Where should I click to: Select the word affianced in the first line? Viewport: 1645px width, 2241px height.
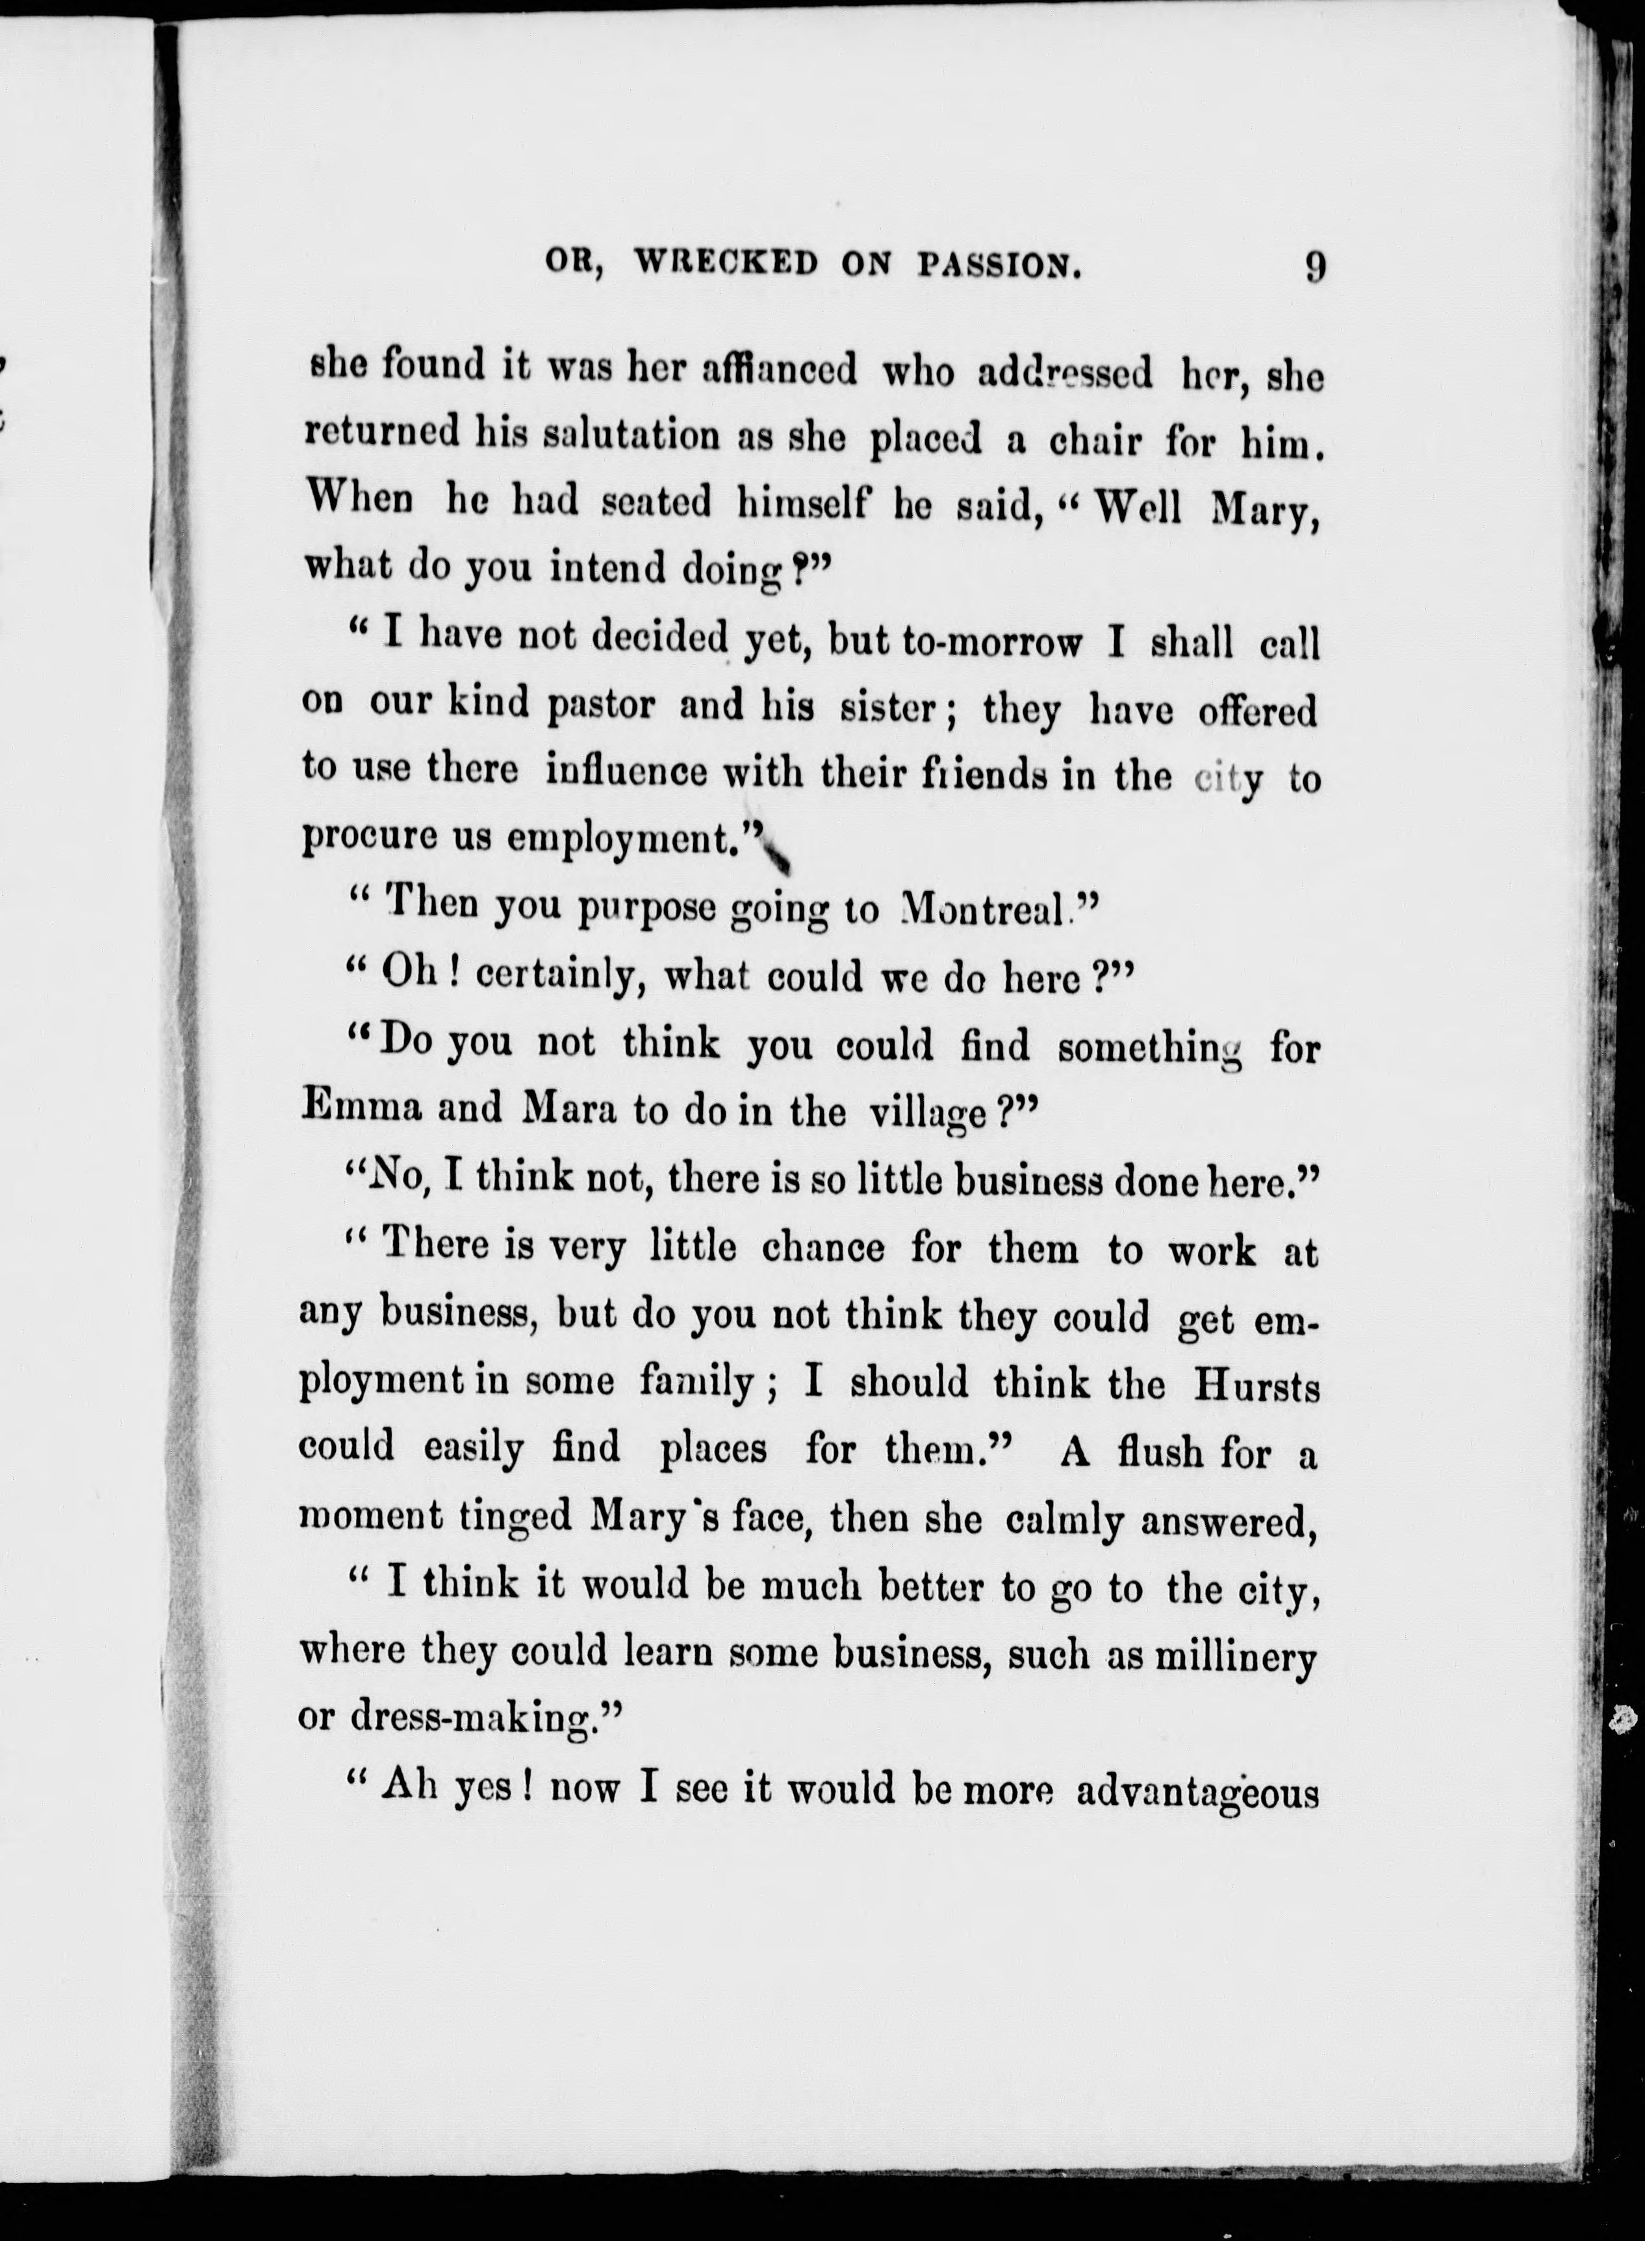[765, 372]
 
